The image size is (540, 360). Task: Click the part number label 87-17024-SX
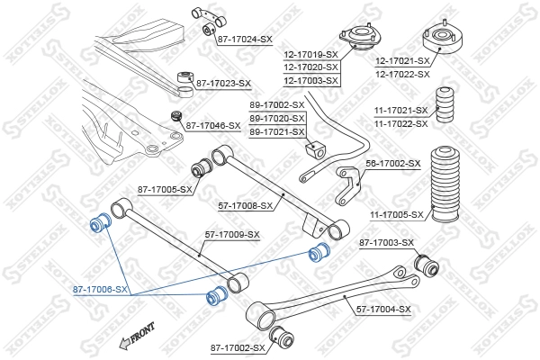pyautogui.click(x=244, y=40)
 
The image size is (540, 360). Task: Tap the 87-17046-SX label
pyautogui.click(x=213, y=125)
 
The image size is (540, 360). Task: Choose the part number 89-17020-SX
pyautogui.click(x=276, y=118)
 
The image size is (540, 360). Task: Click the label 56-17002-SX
pyautogui.click(x=392, y=163)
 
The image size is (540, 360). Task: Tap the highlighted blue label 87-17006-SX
pyautogui.click(x=101, y=291)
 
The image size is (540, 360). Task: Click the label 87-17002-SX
pyautogui.click(x=238, y=347)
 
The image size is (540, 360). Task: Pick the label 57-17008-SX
pyautogui.click(x=247, y=206)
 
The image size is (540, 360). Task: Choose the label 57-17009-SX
pyautogui.click(x=232, y=235)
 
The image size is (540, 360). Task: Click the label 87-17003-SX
pyautogui.click(x=387, y=243)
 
